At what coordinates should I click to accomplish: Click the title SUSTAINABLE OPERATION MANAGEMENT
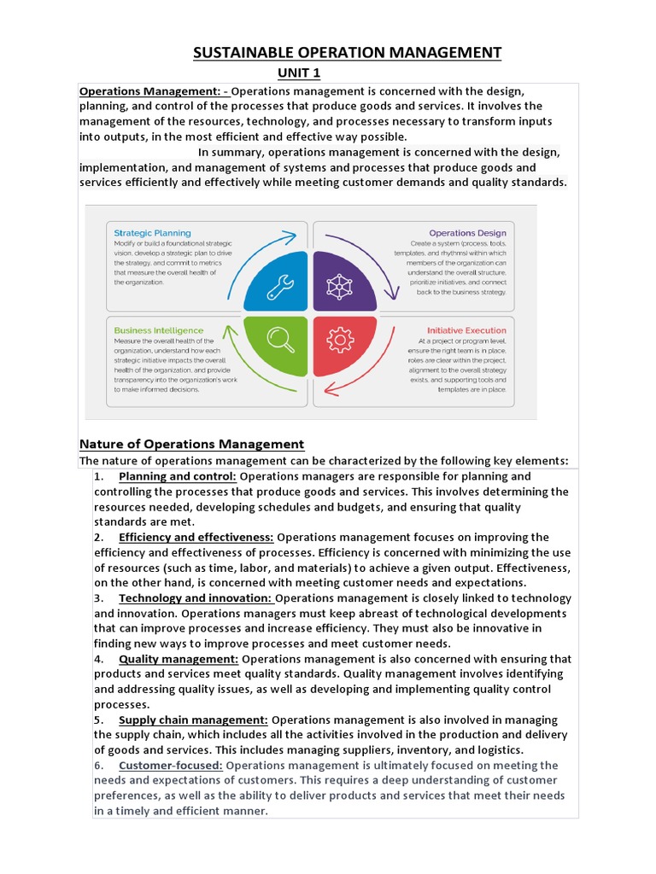coord(347,53)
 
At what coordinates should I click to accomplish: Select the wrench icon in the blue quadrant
coord(280,287)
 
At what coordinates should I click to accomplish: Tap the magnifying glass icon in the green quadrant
coord(280,340)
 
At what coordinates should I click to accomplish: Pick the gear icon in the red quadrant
coord(340,341)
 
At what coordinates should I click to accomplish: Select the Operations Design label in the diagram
coord(467,233)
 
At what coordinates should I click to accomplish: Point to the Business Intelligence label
coord(159,330)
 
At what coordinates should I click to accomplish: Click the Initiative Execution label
coord(466,330)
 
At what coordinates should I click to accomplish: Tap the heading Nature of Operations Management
coord(191,444)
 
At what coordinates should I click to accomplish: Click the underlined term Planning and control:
coord(178,476)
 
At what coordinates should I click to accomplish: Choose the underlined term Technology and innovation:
coord(196,598)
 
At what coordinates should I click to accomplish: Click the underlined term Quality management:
coord(179,659)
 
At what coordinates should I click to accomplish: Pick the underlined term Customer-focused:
coord(171,766)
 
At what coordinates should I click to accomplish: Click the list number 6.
coord(98,766)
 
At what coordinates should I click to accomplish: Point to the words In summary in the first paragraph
coord(228,152)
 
